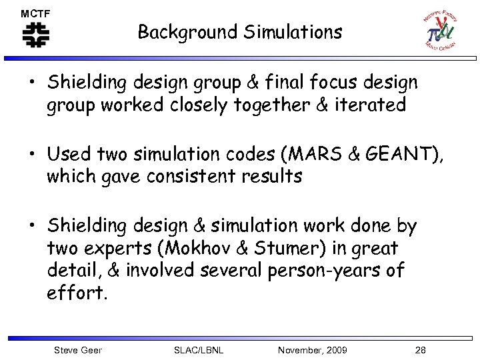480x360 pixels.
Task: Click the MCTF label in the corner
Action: point(35,13)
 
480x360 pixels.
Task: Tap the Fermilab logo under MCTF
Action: point(35,35)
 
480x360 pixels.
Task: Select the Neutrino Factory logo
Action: point(440,31)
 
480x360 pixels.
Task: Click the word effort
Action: point(77,293)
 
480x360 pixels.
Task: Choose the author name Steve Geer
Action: point(78,350)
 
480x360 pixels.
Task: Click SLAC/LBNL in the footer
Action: point(198,350)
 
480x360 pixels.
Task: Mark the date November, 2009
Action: point(313,350)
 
